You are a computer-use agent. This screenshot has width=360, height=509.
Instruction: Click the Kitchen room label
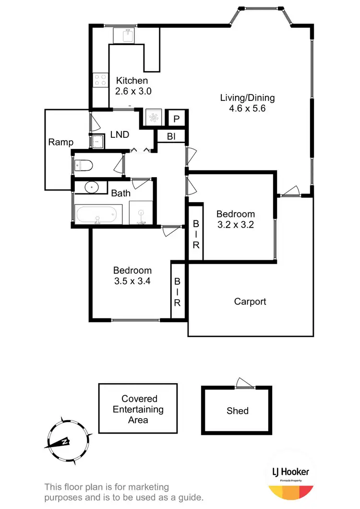coord(132,81)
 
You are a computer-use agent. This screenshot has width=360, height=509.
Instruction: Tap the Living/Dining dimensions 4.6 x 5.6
coord(247,109)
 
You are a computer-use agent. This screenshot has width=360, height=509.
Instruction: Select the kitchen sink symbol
coord(126,35)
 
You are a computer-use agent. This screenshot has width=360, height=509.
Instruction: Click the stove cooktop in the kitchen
coord(100,80)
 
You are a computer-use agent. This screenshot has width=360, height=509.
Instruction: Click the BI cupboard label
coord(171,137)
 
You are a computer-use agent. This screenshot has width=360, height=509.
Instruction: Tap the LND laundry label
coord(120,135)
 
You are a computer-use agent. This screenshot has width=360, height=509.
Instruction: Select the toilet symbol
coord(84,166)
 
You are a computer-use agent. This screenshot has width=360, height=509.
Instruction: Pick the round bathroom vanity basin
coord(90,187)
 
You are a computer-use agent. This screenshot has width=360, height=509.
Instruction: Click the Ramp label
coord(61,142)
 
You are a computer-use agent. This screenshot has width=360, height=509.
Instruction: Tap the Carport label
coord(250,302)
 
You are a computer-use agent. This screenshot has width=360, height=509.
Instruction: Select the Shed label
coord(238,411)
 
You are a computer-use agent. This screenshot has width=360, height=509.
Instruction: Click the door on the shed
coord(244,384)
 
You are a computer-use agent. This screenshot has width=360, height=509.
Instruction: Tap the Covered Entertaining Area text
coord(138,409)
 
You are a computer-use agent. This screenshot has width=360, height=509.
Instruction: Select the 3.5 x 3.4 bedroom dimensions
coord(132,281)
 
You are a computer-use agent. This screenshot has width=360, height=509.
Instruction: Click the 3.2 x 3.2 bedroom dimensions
coord(235,225)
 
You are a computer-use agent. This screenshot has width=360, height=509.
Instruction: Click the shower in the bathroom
coord(141,213)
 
